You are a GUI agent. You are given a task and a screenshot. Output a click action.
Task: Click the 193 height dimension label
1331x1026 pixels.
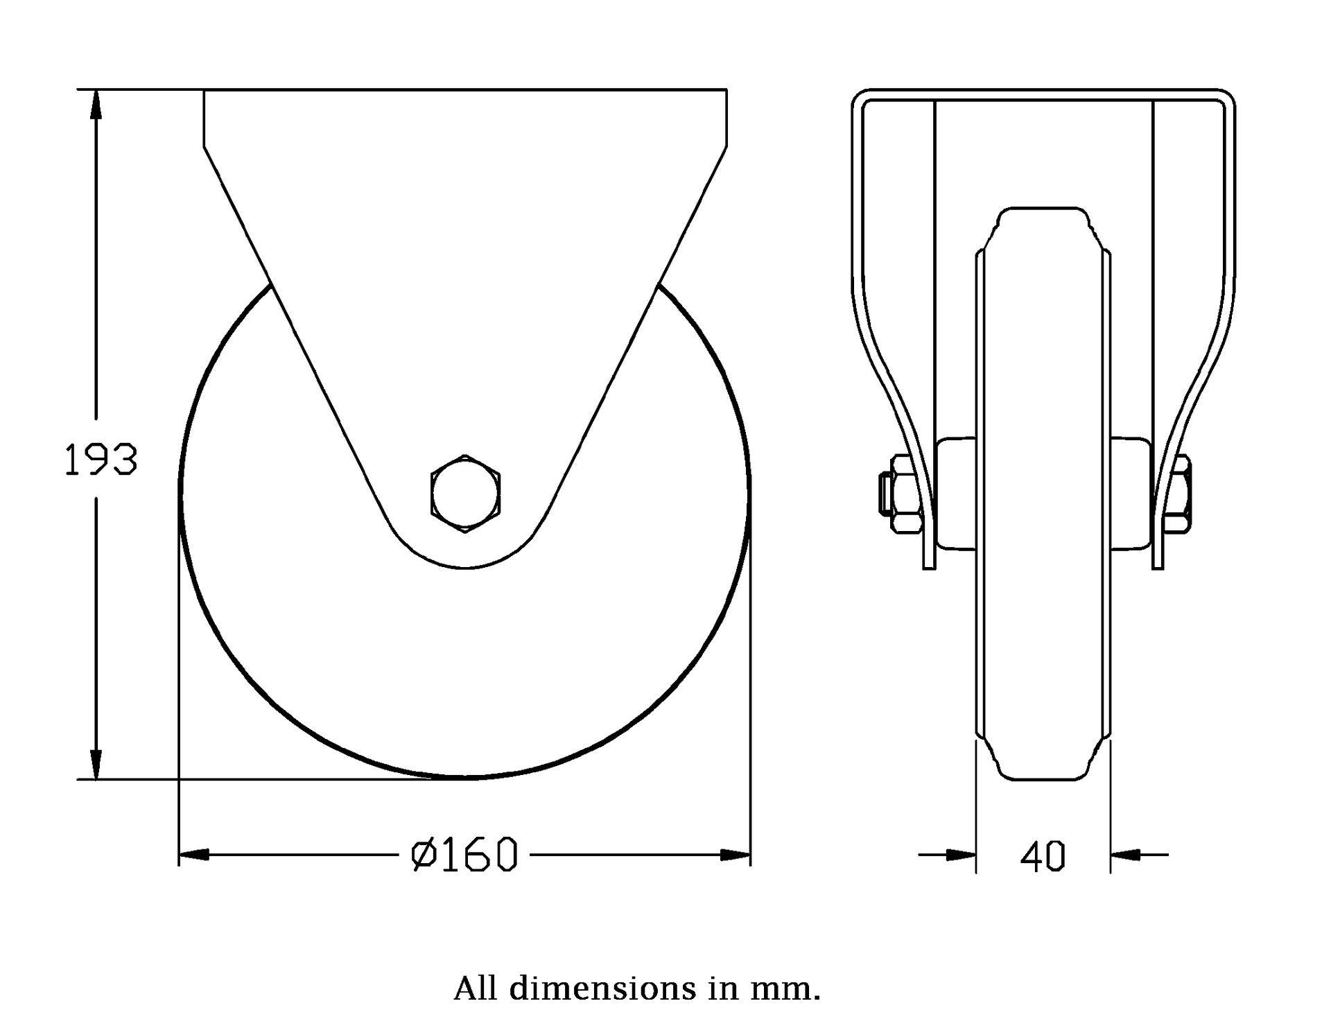coord(101,460)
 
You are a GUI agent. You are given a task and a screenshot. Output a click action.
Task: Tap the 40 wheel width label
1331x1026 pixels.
coord(1043,856)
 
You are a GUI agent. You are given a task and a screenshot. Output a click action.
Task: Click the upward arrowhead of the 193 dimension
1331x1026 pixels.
coord(96,104)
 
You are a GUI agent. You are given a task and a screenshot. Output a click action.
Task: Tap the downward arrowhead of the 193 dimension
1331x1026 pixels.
coord(96,765)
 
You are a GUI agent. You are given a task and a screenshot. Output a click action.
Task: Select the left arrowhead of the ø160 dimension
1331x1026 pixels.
coord(194,855)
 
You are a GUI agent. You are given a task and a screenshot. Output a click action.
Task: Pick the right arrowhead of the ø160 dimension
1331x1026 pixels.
coord(736,855)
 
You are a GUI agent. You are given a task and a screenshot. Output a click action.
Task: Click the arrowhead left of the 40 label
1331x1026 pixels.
coord(962,855)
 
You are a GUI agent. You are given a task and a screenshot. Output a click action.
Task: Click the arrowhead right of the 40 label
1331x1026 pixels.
coord(1125,855)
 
